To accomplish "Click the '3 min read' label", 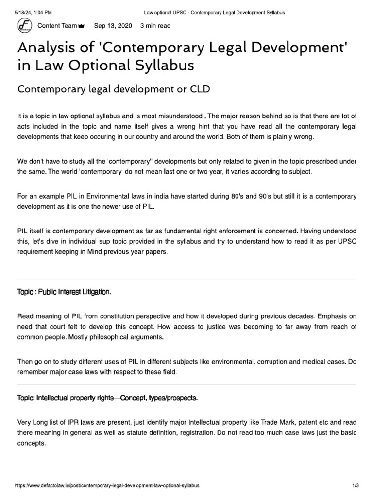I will pyautogui.click(x=155, y=26).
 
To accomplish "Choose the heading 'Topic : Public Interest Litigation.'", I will pyautogui.click(x=64, y=292).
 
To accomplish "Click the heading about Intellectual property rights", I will pyautogui.click(x=107, y=398).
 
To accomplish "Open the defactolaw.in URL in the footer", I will pyautogui.click(x=107, y=485).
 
